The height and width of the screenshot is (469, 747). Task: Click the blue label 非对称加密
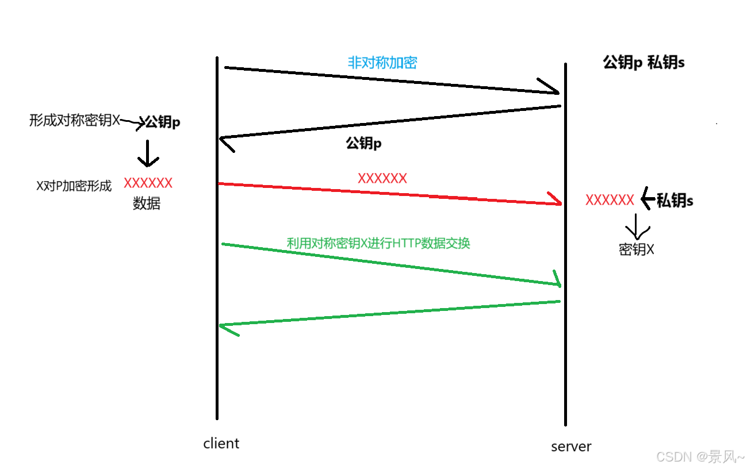click(x=382, y=63)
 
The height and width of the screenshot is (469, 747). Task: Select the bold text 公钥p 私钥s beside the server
click(x=643, y=63)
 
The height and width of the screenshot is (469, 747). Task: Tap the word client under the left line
click(x=221, y=444)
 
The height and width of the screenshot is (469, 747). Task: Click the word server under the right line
click(x=570, y=447)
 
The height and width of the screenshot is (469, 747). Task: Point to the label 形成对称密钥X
click(x=75, y=121)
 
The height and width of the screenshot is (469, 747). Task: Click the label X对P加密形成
click(x=74, y=186)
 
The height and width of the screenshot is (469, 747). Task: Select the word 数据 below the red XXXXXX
click(x=147, y=203)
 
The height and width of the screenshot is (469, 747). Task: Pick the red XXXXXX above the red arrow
click(x=382, y=178)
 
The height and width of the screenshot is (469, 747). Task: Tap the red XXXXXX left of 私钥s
click(x=610, y=200)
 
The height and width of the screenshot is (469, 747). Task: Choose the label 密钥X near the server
click(x=637, y=249)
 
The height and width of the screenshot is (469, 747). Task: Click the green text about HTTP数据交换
click(x=378, y=243)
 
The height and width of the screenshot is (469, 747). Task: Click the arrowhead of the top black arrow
click(x=552, y=89)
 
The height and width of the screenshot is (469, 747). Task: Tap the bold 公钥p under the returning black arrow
click(x=363, y=143)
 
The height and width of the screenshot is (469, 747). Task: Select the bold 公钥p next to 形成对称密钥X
click(x=163, y=122)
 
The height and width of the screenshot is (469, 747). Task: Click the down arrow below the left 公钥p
click(x=148, y=154)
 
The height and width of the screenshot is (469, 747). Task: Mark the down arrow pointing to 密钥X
click(x=637, y=228)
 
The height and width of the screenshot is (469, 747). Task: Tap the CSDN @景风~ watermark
click(x=700, y=457)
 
